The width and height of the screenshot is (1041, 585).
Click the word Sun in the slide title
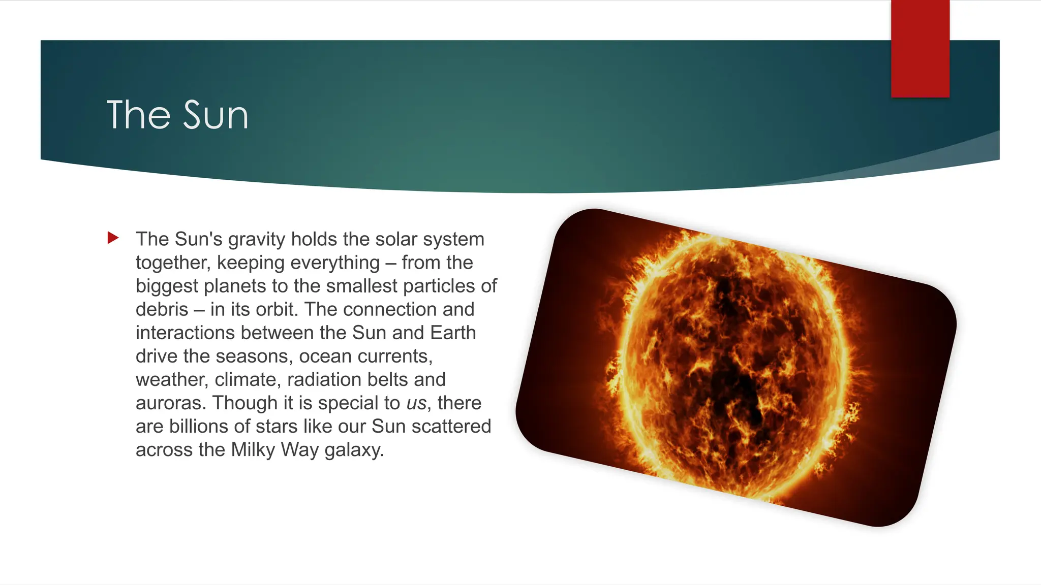point(216,115)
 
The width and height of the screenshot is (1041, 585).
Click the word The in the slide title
point(138,115)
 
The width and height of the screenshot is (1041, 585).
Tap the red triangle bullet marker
point(113,238)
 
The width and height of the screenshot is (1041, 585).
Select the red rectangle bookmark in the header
point(920,48)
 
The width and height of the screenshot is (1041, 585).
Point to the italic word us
point(416,403)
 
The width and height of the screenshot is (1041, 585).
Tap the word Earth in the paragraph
point(453,333)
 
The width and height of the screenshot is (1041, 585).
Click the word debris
point(162,309)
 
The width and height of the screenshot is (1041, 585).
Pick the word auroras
point(170,403)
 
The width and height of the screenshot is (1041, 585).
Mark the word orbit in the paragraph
point(277,309)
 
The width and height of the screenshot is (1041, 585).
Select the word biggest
point(167,286)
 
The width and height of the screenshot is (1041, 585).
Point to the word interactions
point(185,333)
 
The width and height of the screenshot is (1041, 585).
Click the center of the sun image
point(736,368)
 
